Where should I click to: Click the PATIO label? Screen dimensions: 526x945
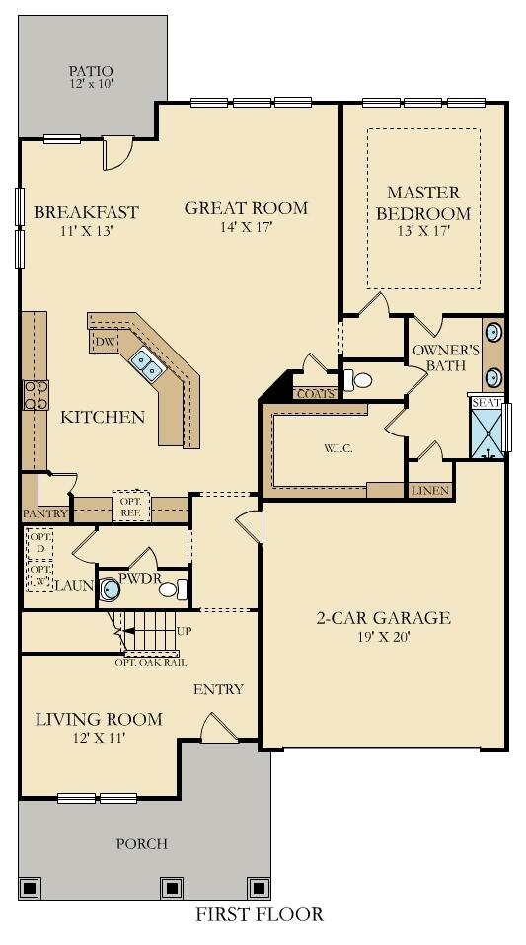coord(90,72)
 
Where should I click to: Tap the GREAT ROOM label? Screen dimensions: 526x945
coord(246,208)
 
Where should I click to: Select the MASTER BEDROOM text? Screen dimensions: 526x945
coord(428,203)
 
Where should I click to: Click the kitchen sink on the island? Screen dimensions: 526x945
coord(146,363)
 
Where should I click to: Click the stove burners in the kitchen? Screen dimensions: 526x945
coord(36,395)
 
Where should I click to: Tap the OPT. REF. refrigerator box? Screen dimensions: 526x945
coord(131,506)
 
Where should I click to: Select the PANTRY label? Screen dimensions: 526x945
coord(44,514)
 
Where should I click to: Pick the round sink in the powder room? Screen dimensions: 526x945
coord(110,590)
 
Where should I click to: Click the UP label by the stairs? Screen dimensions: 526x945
coord(185,632)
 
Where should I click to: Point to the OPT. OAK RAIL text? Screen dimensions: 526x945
coord(151,662)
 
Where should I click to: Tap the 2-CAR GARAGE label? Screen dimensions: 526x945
coord(383,618)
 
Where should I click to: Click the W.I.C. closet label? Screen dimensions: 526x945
coord(338,449)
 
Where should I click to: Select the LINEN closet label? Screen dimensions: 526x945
coord(431,491)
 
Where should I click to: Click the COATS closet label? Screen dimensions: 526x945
coord(316,395)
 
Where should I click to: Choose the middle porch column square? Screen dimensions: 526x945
coord(171,888)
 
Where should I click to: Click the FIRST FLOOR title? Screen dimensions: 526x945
coord(260,914)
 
